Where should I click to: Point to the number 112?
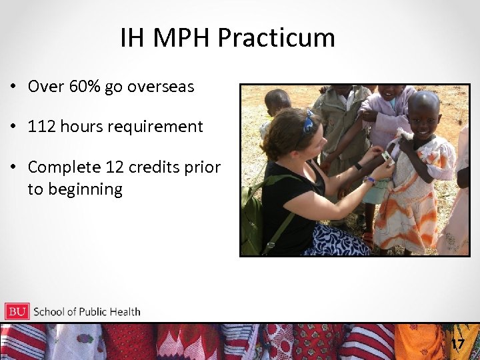41,127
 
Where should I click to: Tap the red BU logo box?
17,311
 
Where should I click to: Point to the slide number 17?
457,344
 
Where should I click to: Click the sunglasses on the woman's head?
309,122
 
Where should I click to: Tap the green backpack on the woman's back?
254,213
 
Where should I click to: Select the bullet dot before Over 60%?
13,87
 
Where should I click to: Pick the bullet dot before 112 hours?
13,127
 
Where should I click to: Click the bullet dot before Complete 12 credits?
13,167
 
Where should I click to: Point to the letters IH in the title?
132,39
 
